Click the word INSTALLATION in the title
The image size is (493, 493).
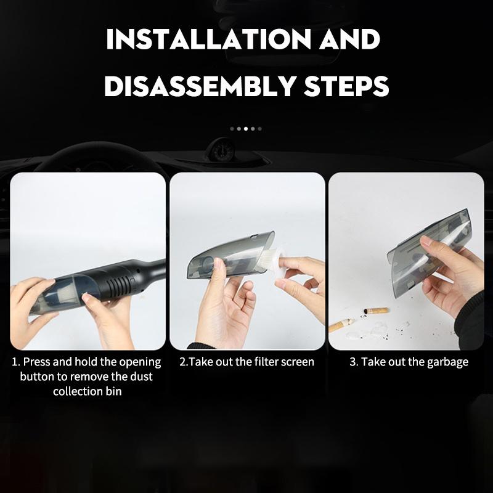coord(208,39)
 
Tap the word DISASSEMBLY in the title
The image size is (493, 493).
coord(199,86)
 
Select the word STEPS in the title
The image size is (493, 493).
coord(346,86)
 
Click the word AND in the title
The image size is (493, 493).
coord(350,39)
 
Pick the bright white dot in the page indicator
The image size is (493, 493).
coord(246,129)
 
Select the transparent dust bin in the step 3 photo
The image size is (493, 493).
coord(429,253)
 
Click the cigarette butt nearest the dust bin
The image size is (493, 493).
coord(377,311)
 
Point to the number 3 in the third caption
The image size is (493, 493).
coord(352,362)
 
